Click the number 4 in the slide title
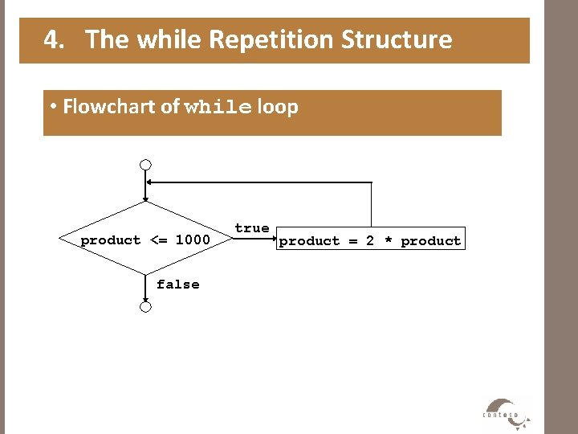point(51,39)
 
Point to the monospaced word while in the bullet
point(217,108)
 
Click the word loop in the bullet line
point(278,107)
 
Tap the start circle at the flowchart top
point(145,166)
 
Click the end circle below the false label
point(145,306)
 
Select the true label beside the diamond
point(252,228)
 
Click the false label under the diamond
point(178,285)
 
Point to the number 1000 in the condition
point(193,240)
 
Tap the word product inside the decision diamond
point(111,240)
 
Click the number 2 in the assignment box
point(370,241)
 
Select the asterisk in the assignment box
point(388,241)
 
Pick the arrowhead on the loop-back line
point(151,182)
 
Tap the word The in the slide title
point(108,39)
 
